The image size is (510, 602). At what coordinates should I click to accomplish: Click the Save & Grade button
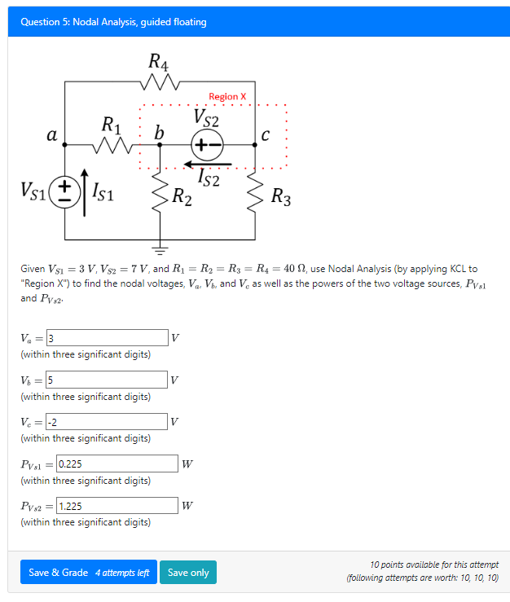click(x=88, y=573)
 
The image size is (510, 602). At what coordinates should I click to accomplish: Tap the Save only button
click(x=188, y=573)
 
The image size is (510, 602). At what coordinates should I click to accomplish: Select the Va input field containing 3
click(x=107, y=338)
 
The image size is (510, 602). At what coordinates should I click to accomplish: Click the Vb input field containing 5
click(x=107, y=380)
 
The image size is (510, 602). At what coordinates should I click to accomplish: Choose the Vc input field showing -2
click(x=107, y=421)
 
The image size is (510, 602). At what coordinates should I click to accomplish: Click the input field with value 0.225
click(x=117, y=464)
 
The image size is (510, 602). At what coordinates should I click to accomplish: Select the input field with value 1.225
click(x=117, y=506)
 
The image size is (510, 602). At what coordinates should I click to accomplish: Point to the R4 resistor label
click(x=158, y=61)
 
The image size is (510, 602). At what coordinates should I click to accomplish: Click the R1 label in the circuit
click(x=111, y=125)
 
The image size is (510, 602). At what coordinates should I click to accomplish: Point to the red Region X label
click(x=227, y=96)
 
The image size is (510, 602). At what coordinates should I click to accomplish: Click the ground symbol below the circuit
click(x=160, y=248)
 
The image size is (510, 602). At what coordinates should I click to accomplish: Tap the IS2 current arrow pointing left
click(x=209, y=165)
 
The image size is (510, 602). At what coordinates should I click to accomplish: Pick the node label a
click(x=51, y=134)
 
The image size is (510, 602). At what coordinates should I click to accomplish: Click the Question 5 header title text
click(x=113, y=22)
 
